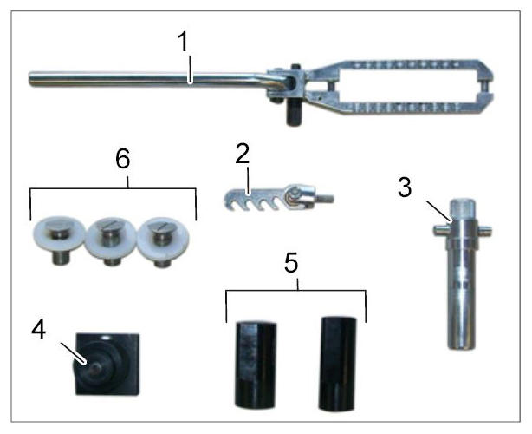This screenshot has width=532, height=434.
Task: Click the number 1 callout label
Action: [x=183, y=42]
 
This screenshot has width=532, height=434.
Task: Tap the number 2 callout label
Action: [x=243, y=154]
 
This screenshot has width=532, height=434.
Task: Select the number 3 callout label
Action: [x=405, y=187]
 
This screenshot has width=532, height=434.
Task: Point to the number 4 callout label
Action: [x=39, y=329]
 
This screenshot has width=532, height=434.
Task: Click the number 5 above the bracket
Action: [x=291, y=263]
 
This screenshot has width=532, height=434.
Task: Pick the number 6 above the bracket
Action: [x=122, y=159]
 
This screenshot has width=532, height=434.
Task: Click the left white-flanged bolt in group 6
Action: [x=59, y=239]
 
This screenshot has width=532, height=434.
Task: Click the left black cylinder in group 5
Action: [x=256, y=365]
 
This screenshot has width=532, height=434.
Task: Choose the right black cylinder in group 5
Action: [x=338, y=364]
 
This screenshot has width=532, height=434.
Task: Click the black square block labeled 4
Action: [x=107, y=364]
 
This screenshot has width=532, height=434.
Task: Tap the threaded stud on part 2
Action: [x=326, y=197]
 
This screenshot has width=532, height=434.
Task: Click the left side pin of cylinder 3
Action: [x=440, y=230]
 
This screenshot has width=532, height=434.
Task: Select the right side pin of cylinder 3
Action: [x=483, y=230]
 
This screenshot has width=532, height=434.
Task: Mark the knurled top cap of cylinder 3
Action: [x=462, y=208]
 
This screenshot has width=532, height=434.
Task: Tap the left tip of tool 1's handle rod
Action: [x=29, y=79]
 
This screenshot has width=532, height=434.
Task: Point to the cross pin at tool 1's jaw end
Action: [x=486, y=86]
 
